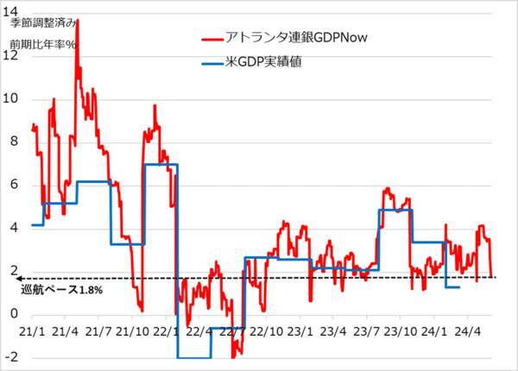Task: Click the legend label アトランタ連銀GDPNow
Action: click(295, 38)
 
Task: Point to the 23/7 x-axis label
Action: click(366, 330)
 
